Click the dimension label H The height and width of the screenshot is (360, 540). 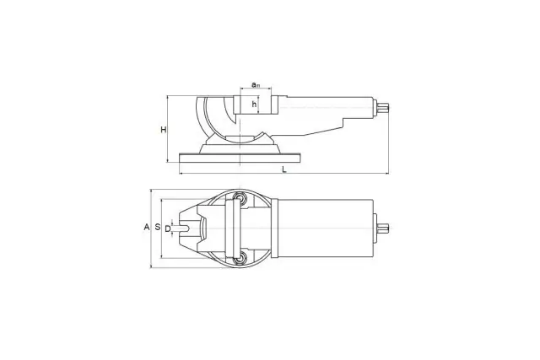[164, 130]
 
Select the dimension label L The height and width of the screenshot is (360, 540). [284, 169]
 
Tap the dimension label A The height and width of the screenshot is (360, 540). [147, 227]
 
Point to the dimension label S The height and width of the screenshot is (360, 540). [158, 227]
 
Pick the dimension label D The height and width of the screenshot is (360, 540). [168, 228]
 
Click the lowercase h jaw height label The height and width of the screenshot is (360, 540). [254, 104]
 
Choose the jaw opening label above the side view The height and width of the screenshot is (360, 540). [255, 84]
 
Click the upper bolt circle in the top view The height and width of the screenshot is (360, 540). [238, 197]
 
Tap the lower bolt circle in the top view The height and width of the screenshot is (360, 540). [238, 258]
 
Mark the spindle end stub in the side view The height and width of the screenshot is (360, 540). [382, 108]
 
